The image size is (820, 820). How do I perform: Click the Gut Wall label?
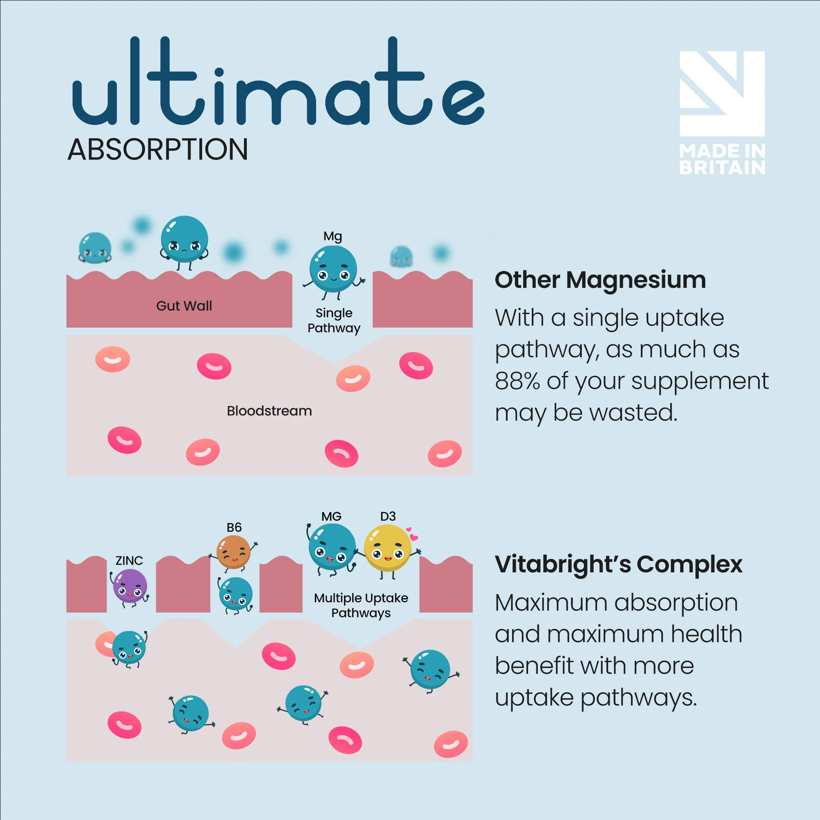[184, 305]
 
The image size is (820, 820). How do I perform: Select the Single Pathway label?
[334, 321]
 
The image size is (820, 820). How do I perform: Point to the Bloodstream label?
[269, 410]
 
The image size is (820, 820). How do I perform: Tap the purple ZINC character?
[130, 588]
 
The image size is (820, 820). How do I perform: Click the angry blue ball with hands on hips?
[184, 242]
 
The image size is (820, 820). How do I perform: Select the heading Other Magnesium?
[600, 280]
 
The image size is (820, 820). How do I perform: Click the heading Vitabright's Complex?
[618, 565]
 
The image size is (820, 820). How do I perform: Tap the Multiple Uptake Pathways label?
[361, 605]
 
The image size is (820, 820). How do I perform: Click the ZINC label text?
[129, 560]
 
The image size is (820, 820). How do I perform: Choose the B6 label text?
[234, 528]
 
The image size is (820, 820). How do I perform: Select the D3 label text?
[388, 517]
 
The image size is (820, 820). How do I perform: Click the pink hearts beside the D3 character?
[412, 533]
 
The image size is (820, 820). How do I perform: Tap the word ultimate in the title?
[278, 81]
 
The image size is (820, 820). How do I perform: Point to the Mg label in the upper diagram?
[333, 237]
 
